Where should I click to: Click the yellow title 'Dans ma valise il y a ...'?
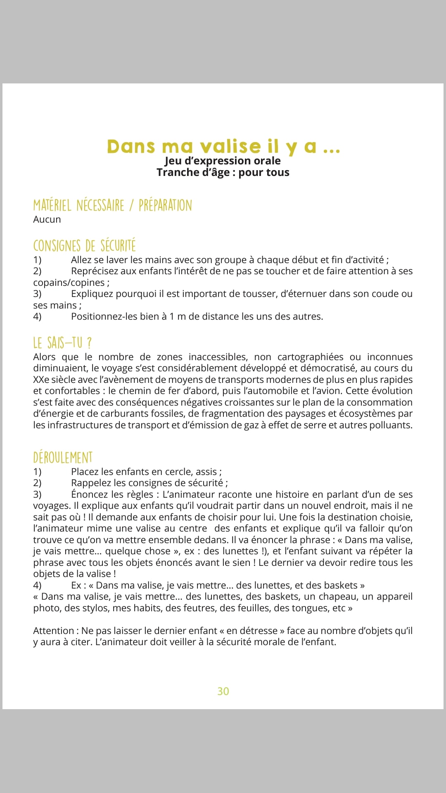223,147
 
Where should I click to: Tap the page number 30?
223,691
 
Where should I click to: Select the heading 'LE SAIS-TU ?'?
62,343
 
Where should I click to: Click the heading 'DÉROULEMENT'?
63,458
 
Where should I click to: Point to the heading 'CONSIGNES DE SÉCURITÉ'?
84,246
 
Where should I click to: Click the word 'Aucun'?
47,219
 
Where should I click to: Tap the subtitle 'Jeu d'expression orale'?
223,161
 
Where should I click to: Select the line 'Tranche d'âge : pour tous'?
223,172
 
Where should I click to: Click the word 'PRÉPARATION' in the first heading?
165,205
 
